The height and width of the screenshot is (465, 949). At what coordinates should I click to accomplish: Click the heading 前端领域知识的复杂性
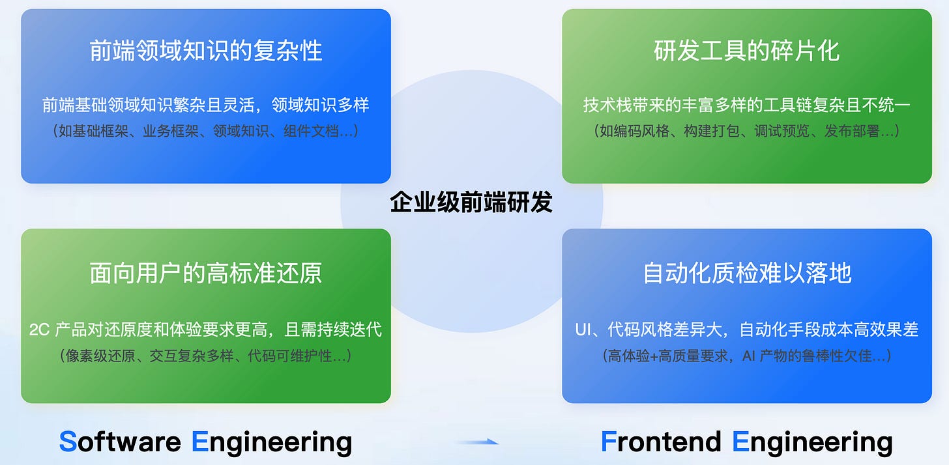click(206, 51)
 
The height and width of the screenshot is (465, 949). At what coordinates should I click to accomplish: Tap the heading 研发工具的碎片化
click(747, 51)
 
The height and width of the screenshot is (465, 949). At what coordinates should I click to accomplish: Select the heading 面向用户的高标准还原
click(206, 273)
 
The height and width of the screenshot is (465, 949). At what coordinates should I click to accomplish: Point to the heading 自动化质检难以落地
click(747, 273)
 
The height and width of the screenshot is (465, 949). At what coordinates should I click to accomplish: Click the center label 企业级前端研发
click(471, 203)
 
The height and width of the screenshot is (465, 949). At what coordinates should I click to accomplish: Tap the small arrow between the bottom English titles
click(477, 442)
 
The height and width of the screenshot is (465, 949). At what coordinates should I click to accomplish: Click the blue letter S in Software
click(68, 442)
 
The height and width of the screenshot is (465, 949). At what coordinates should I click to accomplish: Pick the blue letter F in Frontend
click(608, 442)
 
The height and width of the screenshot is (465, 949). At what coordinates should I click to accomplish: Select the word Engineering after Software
click(272, 443)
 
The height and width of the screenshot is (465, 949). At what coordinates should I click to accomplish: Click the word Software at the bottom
click(120, 442)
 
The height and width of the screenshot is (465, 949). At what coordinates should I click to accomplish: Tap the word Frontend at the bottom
click(661, 442)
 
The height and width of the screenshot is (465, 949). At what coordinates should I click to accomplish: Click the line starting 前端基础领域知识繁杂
click(206, 104)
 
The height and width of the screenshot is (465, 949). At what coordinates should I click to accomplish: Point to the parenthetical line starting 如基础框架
click(206, 131)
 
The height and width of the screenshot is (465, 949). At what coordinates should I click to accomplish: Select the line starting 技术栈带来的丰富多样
click(747, 104)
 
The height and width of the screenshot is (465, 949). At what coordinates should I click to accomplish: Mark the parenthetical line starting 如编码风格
click(747, 131)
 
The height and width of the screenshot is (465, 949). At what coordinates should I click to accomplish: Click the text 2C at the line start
click(39, 330)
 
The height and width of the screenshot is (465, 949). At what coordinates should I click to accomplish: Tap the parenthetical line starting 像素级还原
click(206, 356)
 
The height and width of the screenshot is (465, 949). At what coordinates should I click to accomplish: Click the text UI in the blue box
click(583, 330)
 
